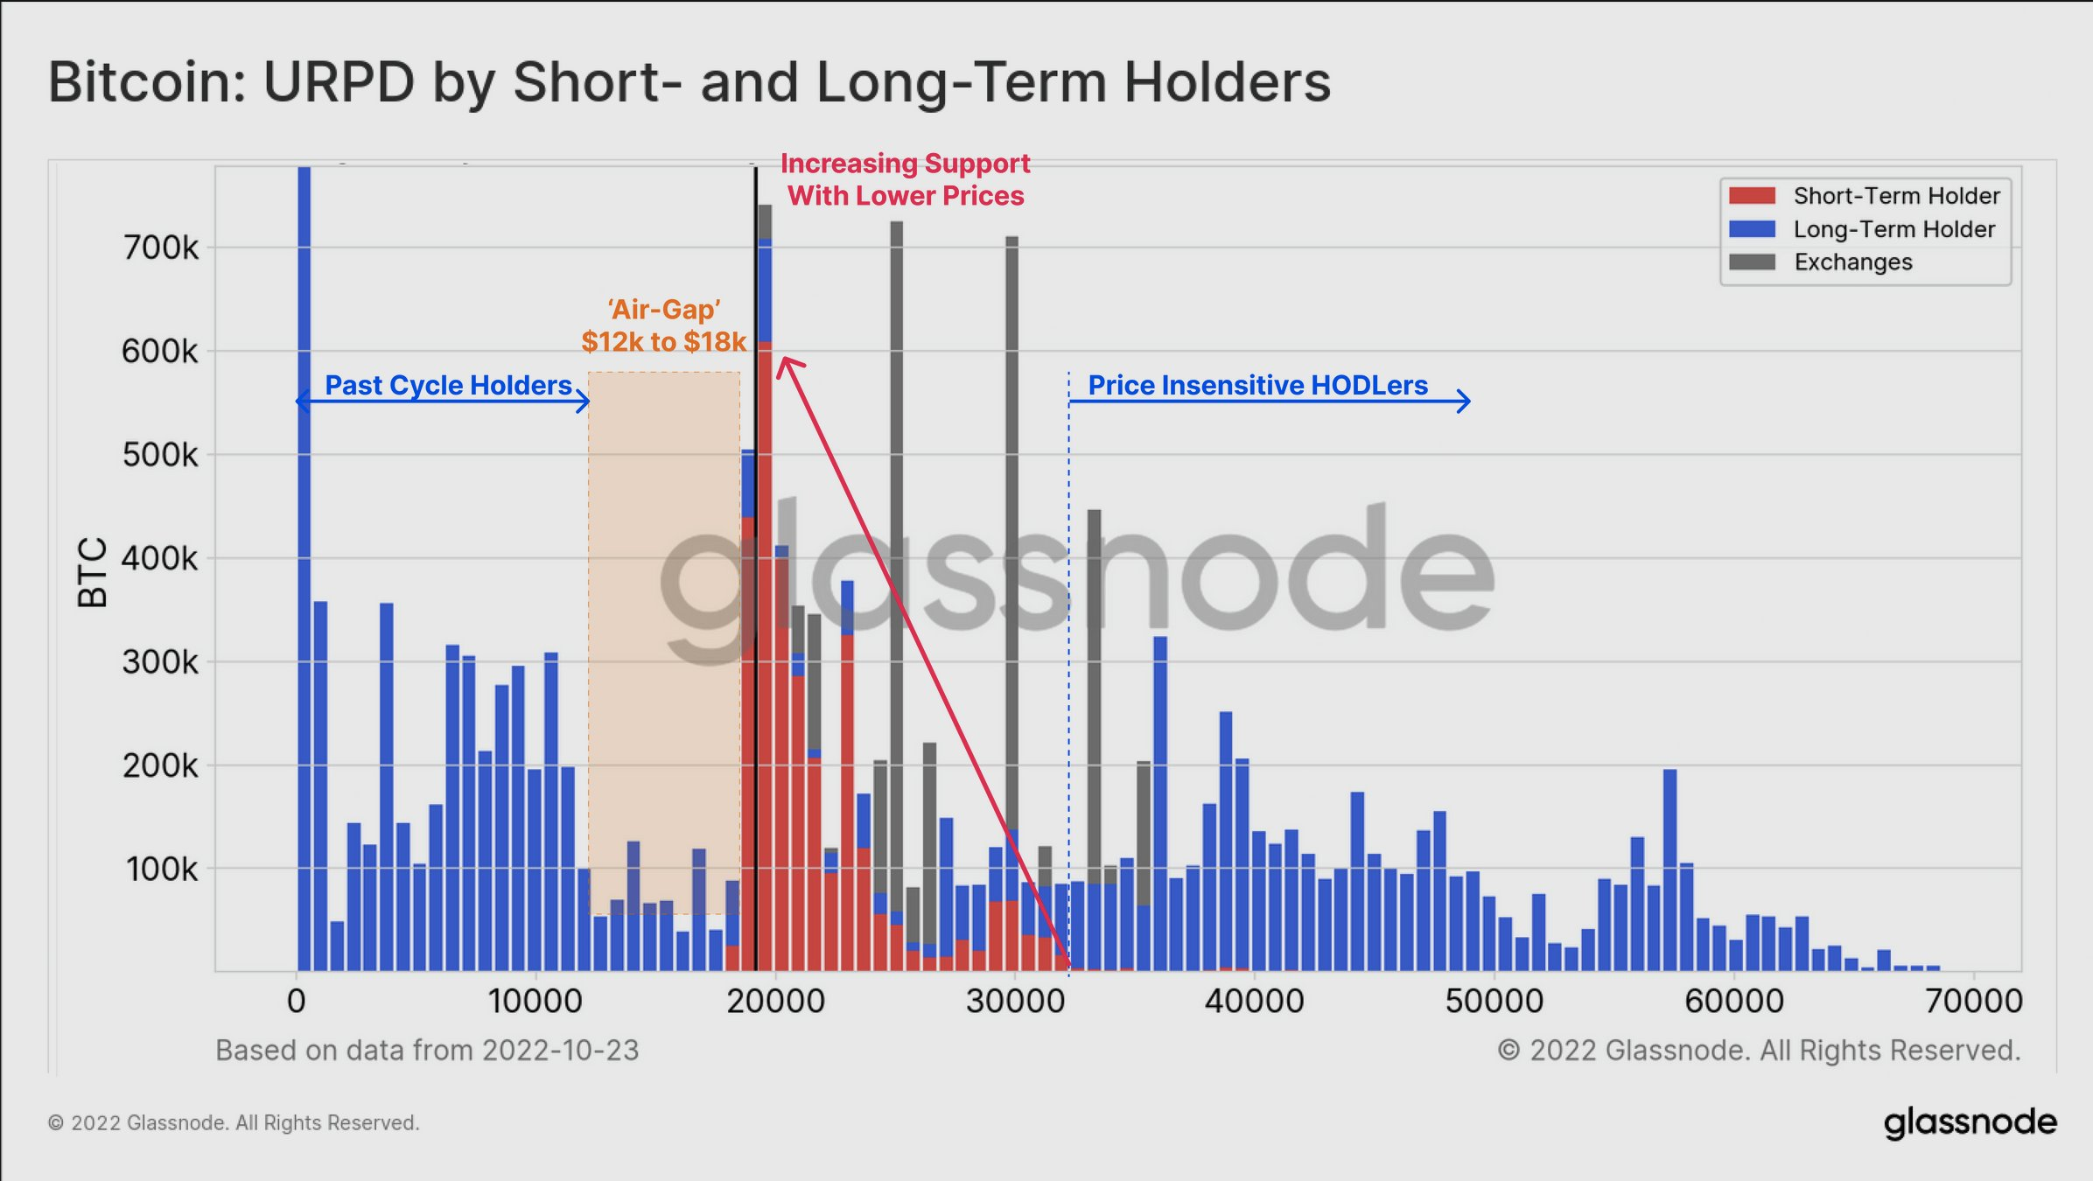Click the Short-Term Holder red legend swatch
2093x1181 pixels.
pos(1752,195)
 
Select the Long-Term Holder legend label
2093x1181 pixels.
pos(1894,229)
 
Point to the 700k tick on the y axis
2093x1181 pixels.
pos(160,248)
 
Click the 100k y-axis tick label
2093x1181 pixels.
pos(162,870)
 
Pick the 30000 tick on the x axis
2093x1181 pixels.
pos(1015,1001)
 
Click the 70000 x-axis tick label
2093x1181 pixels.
pos(1974,1001)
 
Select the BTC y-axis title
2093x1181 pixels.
pos(92,572)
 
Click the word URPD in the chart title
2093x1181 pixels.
pos(339,82)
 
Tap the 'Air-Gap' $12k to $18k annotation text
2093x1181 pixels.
pos(664,325)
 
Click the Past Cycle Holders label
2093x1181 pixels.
pos(448,385)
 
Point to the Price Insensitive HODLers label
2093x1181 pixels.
pos(1257,385)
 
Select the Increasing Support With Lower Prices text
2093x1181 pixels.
pos(906,179)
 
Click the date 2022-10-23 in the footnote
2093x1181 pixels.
pos(560,1050)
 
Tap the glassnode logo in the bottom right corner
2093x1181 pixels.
pos(1970,1123)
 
